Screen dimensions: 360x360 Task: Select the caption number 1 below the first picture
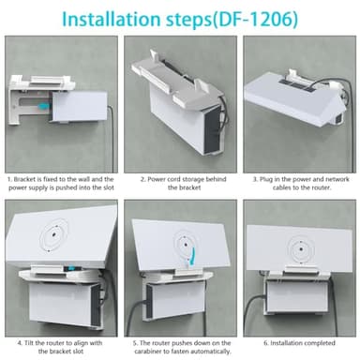(x=9, y=176)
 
